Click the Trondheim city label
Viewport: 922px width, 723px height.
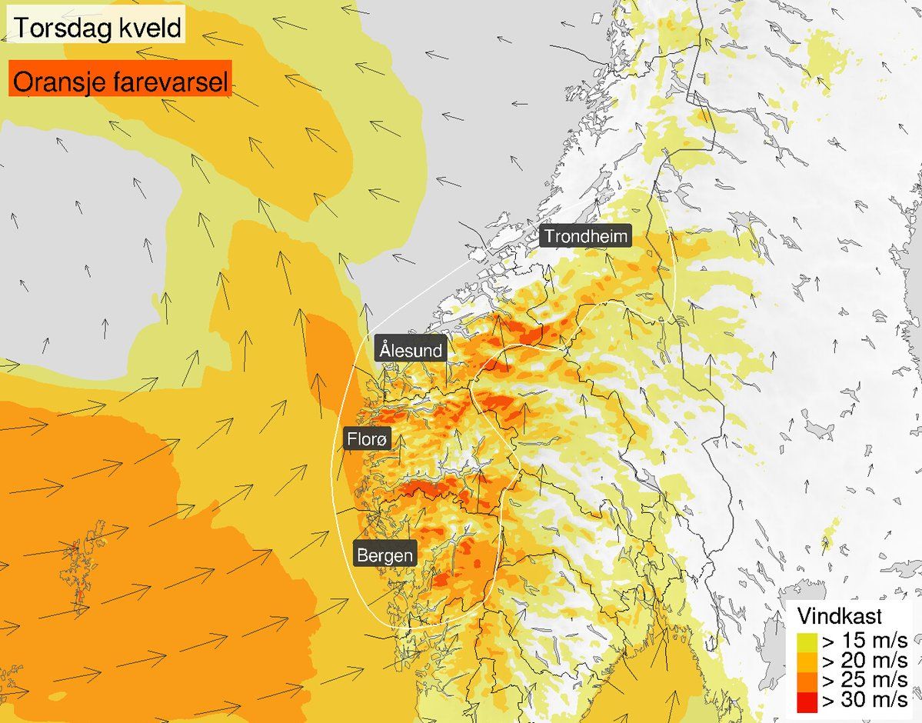(x=585, y=236)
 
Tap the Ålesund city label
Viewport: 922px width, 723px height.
(x=411, y=351)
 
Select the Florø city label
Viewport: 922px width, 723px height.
(x=368, y=439)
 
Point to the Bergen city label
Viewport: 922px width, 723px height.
(x=384, y=555)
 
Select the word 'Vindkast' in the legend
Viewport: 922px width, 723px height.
(x=839, y=616)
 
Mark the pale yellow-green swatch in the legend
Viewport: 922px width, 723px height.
(x=806, y=641)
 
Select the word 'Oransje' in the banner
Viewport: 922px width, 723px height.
(x=57, y=82)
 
